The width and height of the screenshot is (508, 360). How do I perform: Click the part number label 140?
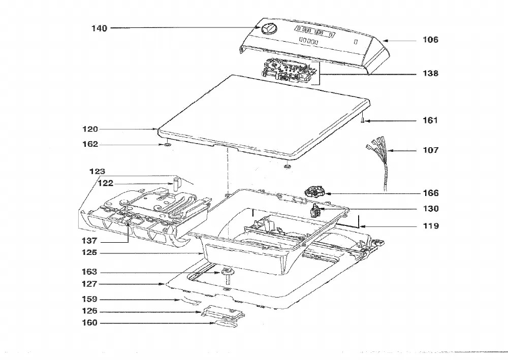coord(99,28)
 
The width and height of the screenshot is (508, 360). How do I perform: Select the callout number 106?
coord(430,40)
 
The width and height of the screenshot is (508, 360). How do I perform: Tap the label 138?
coord(430,74)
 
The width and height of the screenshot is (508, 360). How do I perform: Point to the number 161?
coord(430,120)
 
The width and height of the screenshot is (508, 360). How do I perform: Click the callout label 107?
coord(430,150)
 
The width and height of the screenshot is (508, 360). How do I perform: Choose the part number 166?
coord(431,193)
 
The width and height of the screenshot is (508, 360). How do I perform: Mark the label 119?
coord(431,226)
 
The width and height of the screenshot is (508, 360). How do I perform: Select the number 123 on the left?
coord(97,172)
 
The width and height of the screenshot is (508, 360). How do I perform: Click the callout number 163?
coord(89,272)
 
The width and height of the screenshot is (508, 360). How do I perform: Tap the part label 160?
coord(89,323)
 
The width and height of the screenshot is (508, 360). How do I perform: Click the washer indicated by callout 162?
coord(167,144)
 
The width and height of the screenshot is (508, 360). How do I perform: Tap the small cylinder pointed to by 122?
coord(176,184)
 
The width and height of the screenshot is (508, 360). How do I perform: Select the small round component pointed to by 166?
coord(314,191)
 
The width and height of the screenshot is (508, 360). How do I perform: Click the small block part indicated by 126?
coord(223,312)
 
